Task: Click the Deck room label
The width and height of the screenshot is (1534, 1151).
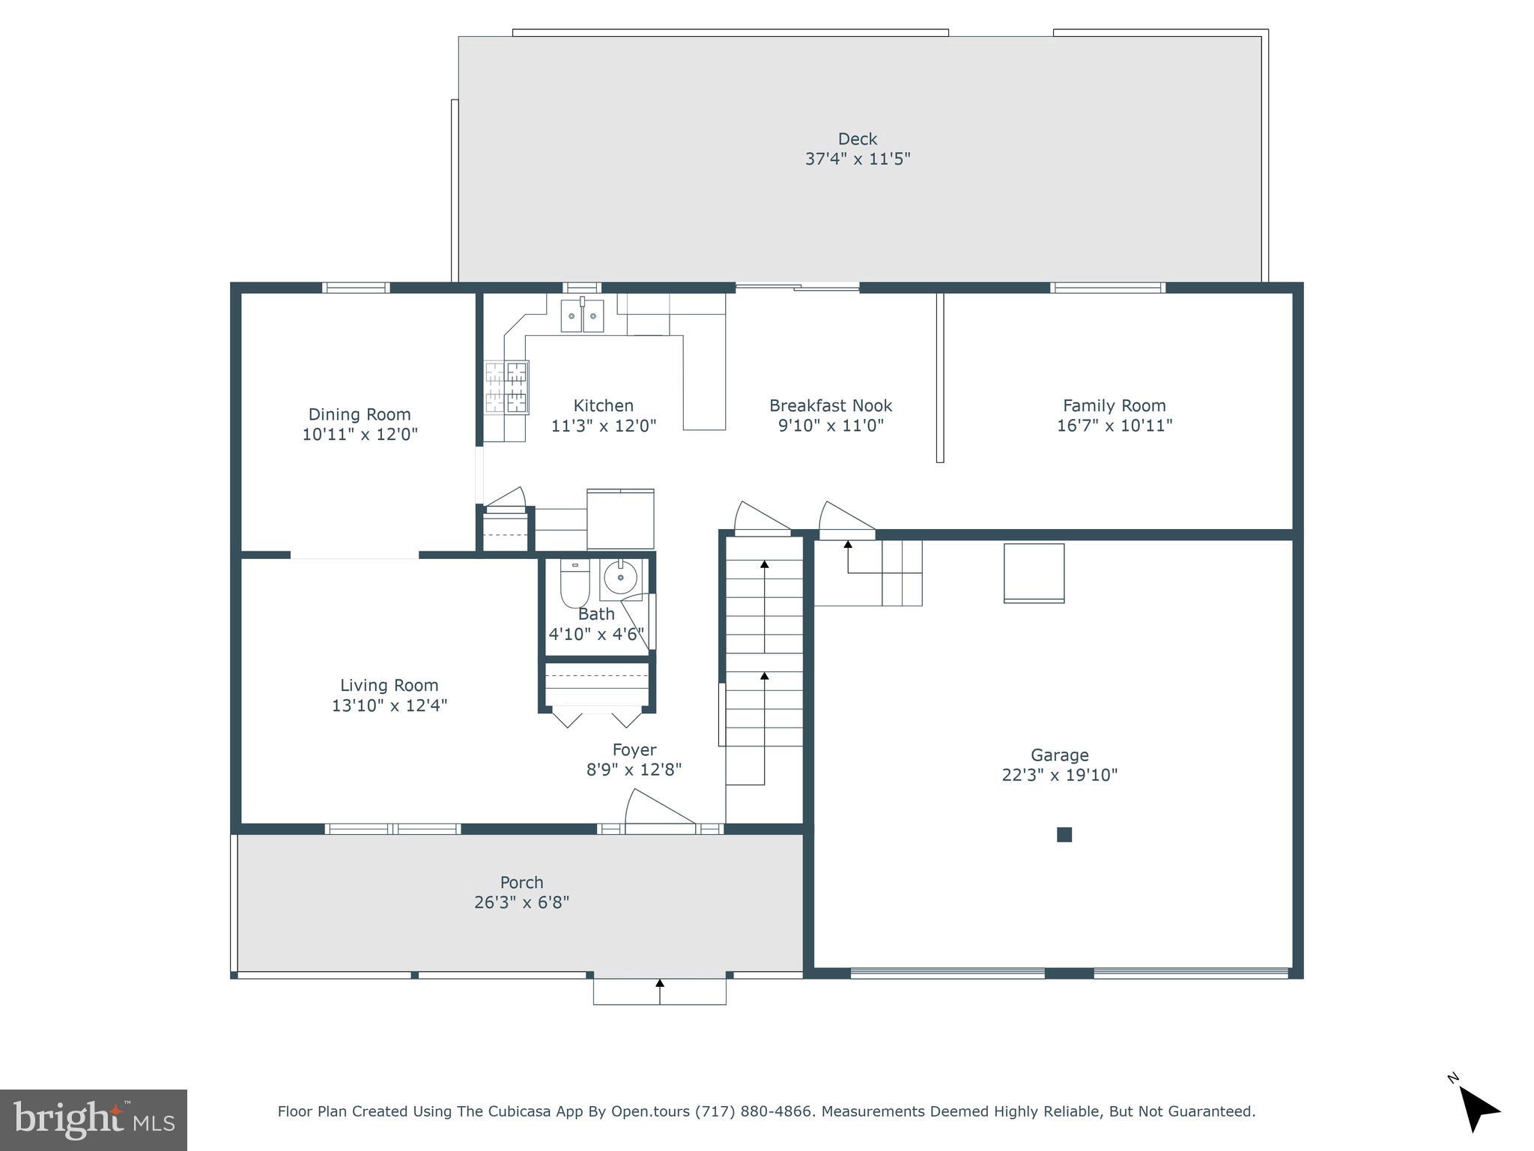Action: [857, 139]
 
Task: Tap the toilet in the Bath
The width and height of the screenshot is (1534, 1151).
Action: [575, 584]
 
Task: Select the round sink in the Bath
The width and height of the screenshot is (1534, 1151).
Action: [620, 577]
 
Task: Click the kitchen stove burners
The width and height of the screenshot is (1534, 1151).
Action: [506, 387]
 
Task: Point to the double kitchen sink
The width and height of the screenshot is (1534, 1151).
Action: [582, 315]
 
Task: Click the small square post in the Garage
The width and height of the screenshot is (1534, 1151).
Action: [1064, 834]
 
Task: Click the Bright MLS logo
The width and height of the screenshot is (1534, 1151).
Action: [93, 1120]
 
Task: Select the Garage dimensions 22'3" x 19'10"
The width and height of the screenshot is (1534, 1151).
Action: [1059, 775]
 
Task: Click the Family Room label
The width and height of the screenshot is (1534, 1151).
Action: [1114, 405]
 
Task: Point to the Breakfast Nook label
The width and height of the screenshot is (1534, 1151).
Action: [830, 405]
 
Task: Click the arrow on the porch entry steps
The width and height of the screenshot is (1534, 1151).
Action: [659, 990]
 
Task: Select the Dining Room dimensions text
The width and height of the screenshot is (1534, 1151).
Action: [360, 434]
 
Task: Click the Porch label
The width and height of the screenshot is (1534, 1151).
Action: [521, 882]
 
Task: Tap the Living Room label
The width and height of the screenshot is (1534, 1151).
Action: [389, 685]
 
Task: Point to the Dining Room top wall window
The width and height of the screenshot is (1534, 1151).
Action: [356, 288]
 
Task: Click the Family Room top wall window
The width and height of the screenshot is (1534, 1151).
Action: [1108, 288]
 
